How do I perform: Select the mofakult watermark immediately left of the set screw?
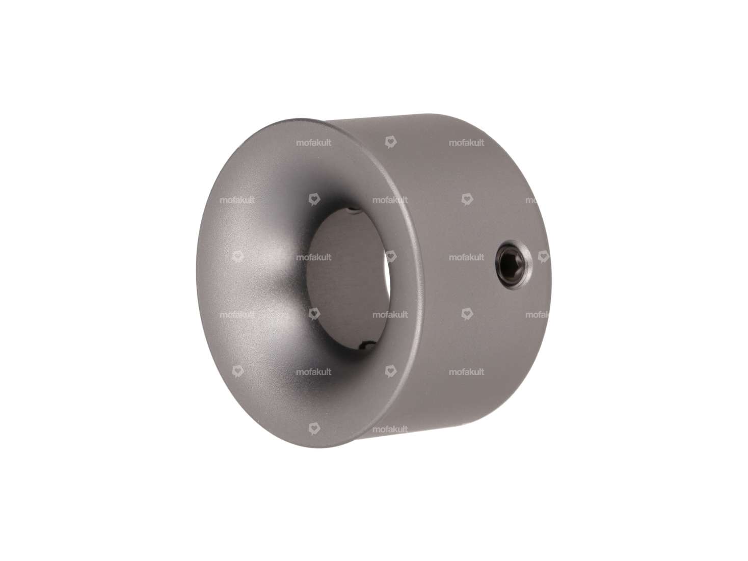[466, 257]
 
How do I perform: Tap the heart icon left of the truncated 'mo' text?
[466, 199]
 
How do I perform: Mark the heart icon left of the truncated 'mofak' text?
[466, 314]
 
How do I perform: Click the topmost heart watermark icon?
[390, 142]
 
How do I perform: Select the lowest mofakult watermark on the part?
[390, 430]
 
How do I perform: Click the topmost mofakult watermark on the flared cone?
[313, 143]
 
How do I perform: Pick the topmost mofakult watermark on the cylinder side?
[466, 143]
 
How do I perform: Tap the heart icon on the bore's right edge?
[390, 256]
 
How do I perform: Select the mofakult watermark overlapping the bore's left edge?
[313, 257]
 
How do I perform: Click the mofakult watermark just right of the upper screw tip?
[390, 200]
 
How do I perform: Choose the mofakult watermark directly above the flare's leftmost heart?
[237, 200]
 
